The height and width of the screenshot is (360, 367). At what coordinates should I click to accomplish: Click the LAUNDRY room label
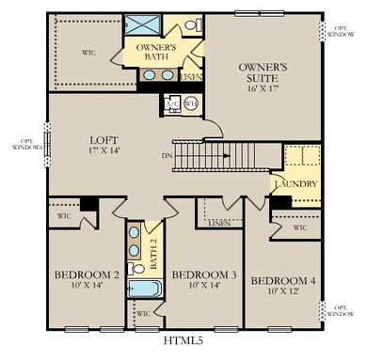(x=295, y=184)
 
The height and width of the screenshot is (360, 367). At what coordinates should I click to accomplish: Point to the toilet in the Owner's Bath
(x=190, y=24)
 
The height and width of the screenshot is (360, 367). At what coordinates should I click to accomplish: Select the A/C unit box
(x=173, y=103)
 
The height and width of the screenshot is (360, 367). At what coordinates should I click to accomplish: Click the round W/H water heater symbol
(x=190, y=103)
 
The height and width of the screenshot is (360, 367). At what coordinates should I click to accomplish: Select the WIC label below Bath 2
(x=144, y=314)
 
